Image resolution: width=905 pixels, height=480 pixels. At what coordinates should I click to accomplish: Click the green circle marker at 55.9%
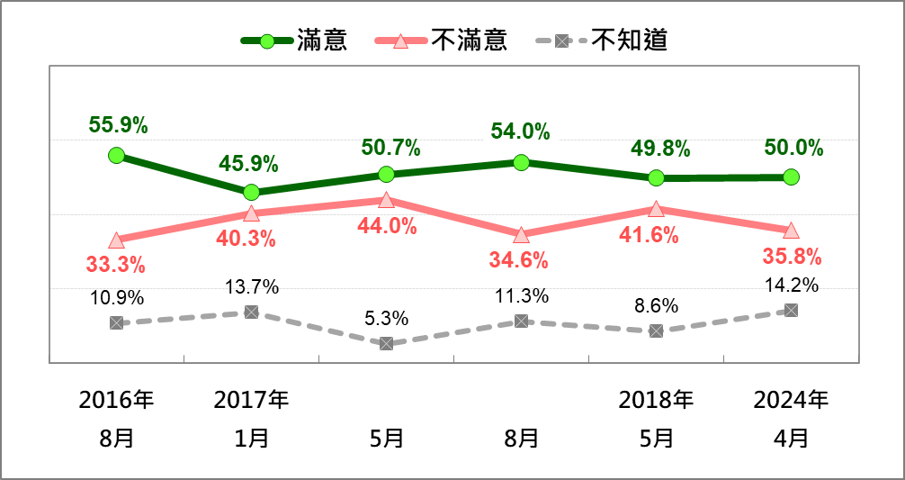116,155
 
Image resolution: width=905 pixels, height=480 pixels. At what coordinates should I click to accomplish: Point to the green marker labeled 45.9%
251,192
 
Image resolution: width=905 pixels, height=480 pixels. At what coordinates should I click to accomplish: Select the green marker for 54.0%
521,162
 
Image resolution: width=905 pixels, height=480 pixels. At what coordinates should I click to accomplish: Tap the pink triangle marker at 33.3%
116,240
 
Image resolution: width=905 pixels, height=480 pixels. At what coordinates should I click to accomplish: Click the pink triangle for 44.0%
386,200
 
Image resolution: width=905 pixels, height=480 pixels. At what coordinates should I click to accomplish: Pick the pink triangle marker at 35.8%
791,231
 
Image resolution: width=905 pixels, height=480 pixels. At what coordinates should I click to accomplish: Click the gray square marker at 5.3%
386,343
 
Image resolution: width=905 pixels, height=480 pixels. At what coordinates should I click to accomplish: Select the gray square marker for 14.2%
791,310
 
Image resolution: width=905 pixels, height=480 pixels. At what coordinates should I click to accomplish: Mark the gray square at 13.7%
251,312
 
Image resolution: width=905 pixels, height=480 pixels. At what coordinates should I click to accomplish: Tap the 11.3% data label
521,295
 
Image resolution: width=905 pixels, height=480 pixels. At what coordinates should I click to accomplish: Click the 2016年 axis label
116,400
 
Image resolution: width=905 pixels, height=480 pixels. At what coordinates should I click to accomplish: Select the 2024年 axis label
791,400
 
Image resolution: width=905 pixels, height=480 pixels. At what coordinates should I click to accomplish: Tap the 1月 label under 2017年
251,439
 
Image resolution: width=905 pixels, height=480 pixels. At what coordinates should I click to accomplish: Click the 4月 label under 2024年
791,439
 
